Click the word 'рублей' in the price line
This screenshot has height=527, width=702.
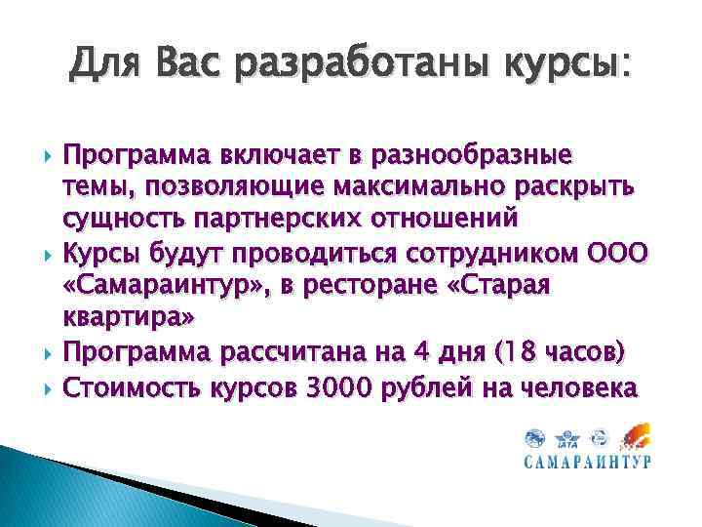tap(439, 388)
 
